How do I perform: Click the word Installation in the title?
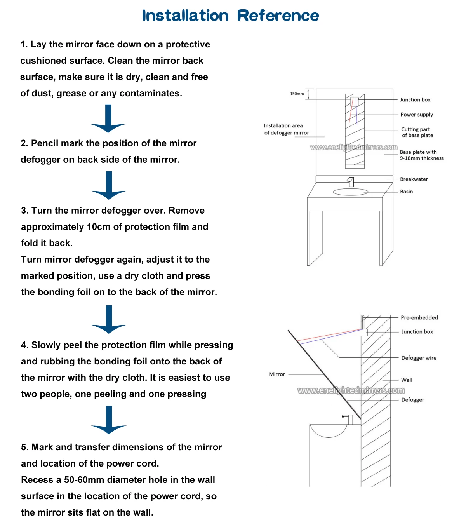[185, 16]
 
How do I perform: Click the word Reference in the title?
[278, 16]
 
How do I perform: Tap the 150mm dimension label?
[297, 94]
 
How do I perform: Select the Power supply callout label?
[417, 115]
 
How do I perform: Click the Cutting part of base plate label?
[417, 132]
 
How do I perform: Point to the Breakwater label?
[414, 179]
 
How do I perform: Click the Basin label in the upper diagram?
[407, 192]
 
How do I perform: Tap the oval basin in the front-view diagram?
[350, 192]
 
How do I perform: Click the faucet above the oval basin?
[351, 181]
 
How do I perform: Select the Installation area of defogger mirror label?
[286, 129]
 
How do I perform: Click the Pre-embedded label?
[419, 318]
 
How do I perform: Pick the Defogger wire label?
[419, 358]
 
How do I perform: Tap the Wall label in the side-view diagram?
[407, 380]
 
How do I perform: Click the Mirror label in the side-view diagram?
[277, 374]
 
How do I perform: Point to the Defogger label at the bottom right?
[412, 400]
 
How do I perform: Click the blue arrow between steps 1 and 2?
[108, 119]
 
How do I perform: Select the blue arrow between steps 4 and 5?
[109, 420]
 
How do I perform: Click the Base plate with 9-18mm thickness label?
[421, 155]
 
